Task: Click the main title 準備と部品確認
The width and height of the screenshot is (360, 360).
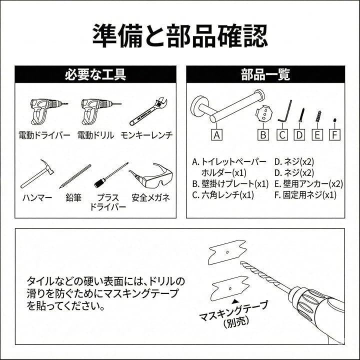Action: point(180,36)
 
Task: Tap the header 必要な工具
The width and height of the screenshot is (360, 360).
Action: point(95,74)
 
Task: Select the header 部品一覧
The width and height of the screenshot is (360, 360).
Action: point(265,74)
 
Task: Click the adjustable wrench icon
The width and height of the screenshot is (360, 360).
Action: point(148,111)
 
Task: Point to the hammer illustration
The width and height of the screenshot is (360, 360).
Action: point(37,174)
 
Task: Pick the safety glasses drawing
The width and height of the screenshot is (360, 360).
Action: point(151,174)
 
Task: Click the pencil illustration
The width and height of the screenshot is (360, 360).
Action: point(75,176)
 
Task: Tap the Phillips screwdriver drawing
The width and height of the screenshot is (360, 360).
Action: point(111,175)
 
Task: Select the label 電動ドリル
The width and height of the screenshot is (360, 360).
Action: point(95,135)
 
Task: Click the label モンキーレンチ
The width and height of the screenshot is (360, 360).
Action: point(146,135)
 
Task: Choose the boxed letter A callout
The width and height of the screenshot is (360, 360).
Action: point(216,135)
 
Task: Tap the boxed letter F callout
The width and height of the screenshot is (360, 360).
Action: point(334,135)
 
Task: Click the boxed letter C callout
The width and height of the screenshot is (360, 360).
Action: point(282,135)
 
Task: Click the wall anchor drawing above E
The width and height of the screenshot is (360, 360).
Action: point(318,116)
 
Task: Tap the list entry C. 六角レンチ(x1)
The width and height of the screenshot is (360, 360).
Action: point(223,195)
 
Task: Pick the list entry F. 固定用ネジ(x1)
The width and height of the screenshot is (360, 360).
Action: point(305,195)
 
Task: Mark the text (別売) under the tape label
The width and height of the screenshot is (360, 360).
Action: point(236,322)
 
